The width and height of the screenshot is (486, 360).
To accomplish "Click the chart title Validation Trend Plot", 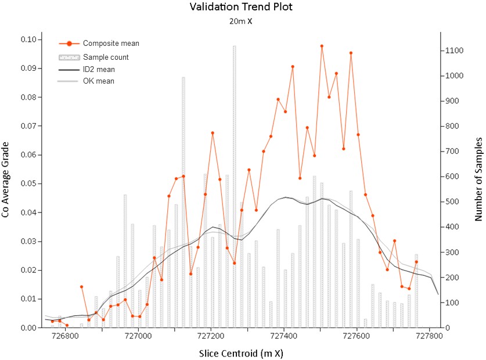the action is pyautogui.click(x=241, y=7).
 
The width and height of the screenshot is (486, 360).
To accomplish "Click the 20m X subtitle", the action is pyautogui.click(x=241, y=21).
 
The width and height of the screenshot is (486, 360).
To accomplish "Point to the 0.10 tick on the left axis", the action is pyautogui.click(x=28, y=39).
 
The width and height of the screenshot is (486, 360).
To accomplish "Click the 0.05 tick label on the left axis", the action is pyautogui.click(x=28, y=183).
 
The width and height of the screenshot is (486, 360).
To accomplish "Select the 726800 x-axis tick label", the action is pyautogui.click(x=66, y=336).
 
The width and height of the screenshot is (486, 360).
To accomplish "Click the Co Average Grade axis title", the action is pyautogui.click(x=5, y=180).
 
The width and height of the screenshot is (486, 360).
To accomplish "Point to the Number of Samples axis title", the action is pyautogui.click(x=478, y=179).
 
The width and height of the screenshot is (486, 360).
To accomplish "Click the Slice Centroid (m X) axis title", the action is pyautogui.click(x=241, y=354).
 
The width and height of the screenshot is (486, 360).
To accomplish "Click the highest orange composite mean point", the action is pyautogui.click(x=322, y=46).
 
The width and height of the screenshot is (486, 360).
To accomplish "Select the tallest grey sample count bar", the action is pyautogui.click(x=235, y=186).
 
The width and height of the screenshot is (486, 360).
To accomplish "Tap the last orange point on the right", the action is pyautogui.click(x=416, y=262).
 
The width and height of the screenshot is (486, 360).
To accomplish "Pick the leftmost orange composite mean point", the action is pyautogui.click(x=52, y=321).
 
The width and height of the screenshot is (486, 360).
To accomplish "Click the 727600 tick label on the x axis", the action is pyautogui.click(x=357, y=336).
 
